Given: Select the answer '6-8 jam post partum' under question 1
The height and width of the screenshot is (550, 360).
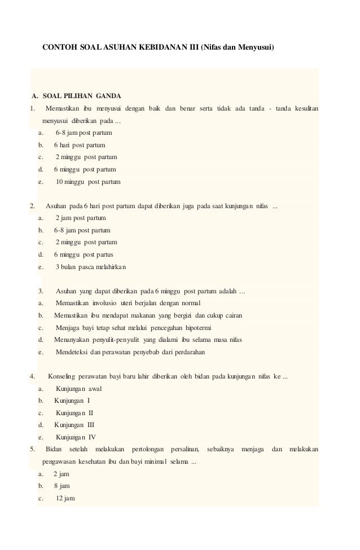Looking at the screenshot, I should [x=84, y=133].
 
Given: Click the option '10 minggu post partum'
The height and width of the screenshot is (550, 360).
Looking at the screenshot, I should [x=87, y=182].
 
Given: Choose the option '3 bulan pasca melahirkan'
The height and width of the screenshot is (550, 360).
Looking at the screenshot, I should [x=91, y=267].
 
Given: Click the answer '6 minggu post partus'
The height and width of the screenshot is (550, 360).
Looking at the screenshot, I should [x=84, y=254].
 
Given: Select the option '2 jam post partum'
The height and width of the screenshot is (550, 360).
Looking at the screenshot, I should [x=80, y=218].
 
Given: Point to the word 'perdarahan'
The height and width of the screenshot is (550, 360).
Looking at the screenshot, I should [x=188, y=352].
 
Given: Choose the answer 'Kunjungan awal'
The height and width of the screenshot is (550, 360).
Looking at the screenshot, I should [x=79, y=389].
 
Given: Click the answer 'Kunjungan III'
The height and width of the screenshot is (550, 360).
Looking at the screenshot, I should [x=74, y=425].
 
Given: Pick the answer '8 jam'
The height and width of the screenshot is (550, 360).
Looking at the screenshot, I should [x=62, y=486].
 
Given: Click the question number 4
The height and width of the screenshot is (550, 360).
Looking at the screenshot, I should [x=33, y=376].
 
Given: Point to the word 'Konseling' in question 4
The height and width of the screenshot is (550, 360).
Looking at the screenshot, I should [x=63, y=376].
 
